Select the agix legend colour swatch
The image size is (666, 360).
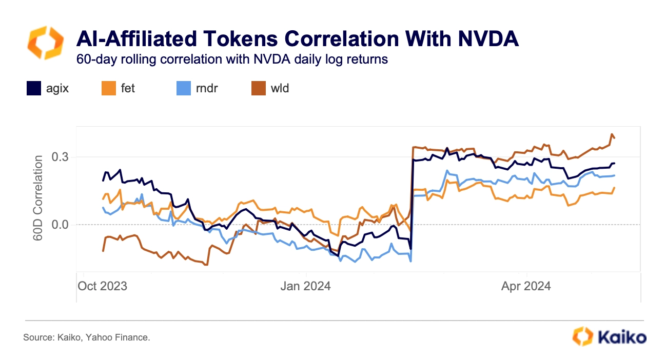coord(33,89)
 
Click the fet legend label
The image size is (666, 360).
coord(128,88)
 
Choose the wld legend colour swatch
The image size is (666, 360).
coord(258,89)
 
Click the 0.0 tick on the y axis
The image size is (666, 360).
coord(60,225)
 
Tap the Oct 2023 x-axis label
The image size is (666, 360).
coord(102,286)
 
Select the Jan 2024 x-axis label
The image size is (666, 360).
coord(305,286)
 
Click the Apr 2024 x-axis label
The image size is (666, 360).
coord(526,286)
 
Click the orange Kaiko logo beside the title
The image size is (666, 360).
coord(45,43)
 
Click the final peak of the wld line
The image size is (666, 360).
coord(612,134)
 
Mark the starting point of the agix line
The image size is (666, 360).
coord(103,181)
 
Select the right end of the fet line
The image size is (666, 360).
coord(614,188)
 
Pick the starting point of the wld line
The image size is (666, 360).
coord(103,251)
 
